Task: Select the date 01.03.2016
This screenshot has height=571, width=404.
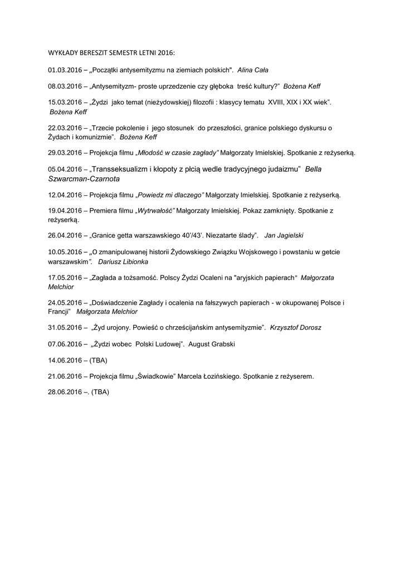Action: click(x=65, y=70)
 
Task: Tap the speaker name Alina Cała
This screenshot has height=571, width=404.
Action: click(x=254, y=70)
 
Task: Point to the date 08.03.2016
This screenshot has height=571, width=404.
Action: click(x=65, y=86)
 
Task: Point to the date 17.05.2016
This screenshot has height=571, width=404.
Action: click(x=65, y=277)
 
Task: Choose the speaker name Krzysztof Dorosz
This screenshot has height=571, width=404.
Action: click(x=295, y=327)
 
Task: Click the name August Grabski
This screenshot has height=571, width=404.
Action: click(x=212, y=344)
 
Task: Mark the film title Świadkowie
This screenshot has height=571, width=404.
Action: click(x=155, y=376)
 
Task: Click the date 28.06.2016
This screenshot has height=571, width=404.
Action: click(x=65, y=392)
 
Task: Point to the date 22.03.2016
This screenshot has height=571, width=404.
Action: click(x=65, y=128)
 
